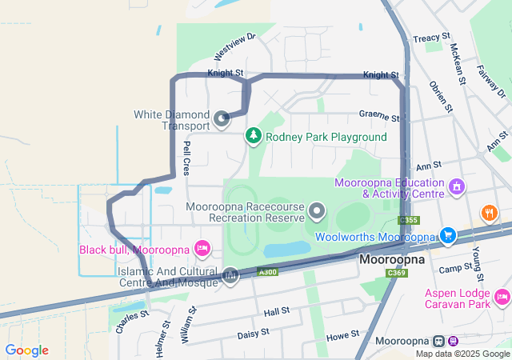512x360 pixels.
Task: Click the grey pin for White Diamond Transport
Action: tap(222, 120)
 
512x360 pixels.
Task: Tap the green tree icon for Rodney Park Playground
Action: tap(254, 136)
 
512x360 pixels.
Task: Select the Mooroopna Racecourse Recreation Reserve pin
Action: tap(318, 212)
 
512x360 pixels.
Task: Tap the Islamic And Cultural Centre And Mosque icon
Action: tap(230, 277)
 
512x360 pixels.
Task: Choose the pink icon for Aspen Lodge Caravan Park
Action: tap(502, 298)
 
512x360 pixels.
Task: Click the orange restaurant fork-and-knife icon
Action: tap(487, 213)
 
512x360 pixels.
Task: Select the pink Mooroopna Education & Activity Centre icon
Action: tap(457, 187)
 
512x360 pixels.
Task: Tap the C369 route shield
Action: tap(395, 274)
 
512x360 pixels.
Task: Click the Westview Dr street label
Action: tap(234, 47)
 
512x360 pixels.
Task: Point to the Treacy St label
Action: tap(426, 38)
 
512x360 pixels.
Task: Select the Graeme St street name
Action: tap(378, 117)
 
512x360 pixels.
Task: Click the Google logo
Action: tap(26, 350)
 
